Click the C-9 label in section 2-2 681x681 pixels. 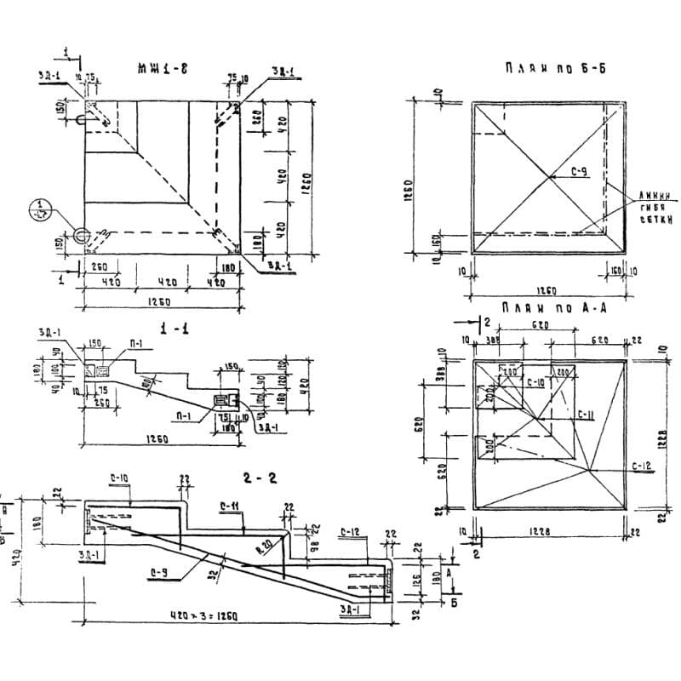[x=157, y=572]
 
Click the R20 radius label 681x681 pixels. [x=267, y=543]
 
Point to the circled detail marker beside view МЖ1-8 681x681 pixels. [x=40, y=208]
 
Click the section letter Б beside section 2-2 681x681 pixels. [x=452, y=605]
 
